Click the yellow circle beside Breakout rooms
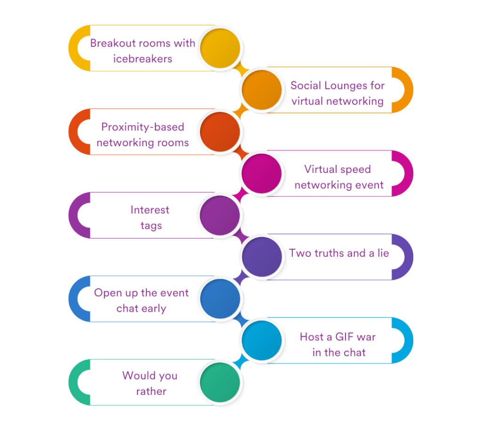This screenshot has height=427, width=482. click(x=220, y=48)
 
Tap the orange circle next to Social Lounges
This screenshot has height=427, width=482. click(x=262, y=89)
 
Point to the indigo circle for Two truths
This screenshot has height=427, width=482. click(x=262, y=257)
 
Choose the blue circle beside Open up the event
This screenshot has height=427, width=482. click(x=220, y=299)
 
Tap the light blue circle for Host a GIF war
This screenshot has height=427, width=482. click(x=262, y=340)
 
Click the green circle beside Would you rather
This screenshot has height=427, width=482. click(x=220, y=382)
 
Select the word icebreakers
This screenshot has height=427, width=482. click(x=143, y=59)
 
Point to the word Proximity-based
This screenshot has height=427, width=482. click(x=143, y=127)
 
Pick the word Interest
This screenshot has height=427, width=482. click(x=150, y=210)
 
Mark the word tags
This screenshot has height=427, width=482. click(x=151, y=226)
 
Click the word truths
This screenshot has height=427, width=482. click(x=328, y=253)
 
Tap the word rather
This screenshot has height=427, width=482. click(x=151, y=391)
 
